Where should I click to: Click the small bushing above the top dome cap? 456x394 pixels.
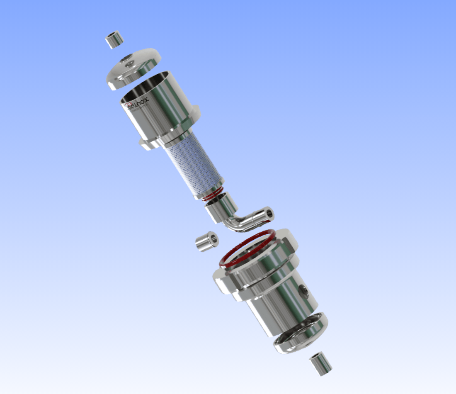tap(114, 39)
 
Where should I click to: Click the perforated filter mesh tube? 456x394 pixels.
tap(193, 164)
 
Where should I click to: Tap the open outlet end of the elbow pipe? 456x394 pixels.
tap(269, 213)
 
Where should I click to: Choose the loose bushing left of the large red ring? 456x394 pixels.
tap(206, 241)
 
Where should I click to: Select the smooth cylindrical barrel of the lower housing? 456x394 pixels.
tap(278, 307)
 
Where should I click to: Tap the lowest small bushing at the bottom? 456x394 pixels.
tap(320, 364)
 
